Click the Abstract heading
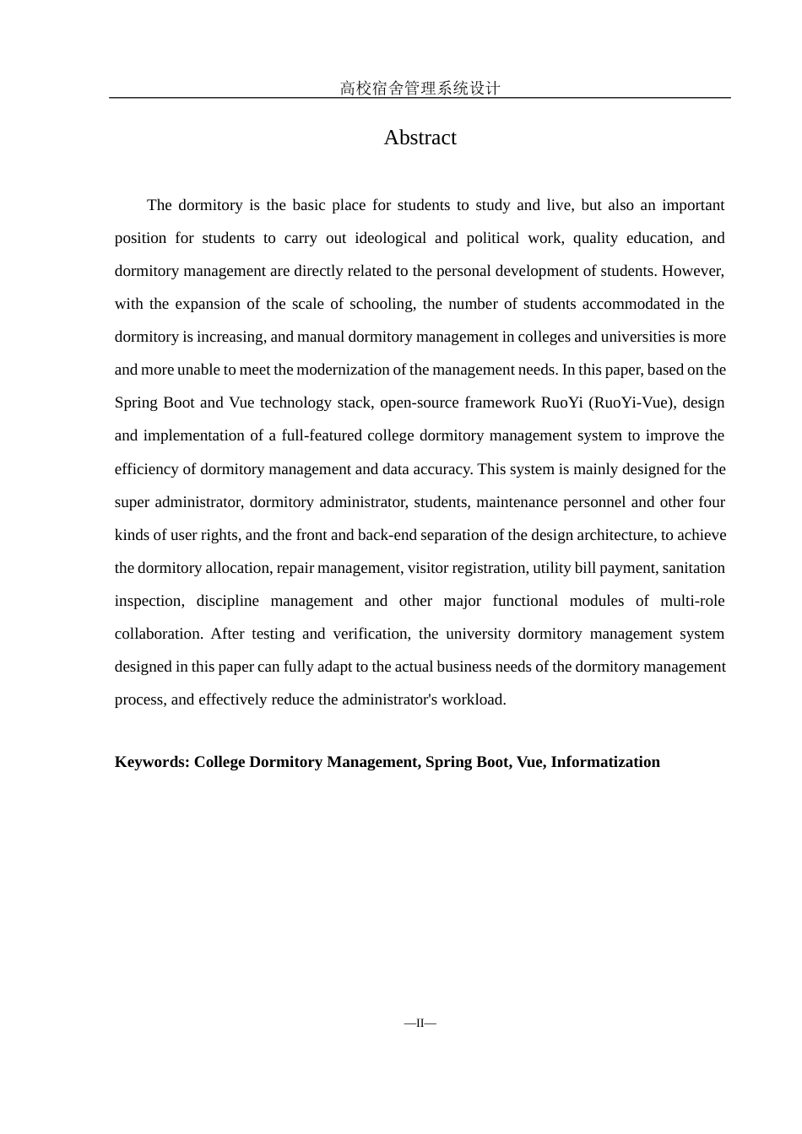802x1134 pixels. point(420,138)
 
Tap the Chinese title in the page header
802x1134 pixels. point(420,88)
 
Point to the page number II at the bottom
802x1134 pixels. point(420,1023)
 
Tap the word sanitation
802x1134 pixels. point(693,568)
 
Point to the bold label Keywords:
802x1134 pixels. point(152,762)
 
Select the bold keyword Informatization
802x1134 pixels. point(605,762)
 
